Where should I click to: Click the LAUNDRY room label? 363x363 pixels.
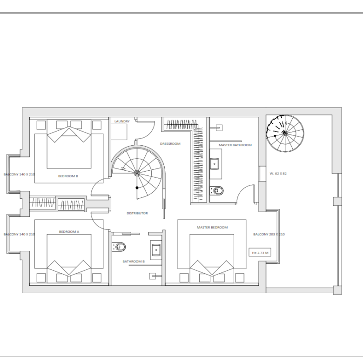122,121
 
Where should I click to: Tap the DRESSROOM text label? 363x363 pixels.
170,144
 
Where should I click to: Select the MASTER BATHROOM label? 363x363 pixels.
235,145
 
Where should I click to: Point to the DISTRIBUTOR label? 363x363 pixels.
137,213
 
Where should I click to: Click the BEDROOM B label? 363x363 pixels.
68,176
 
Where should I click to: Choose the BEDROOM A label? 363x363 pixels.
69,231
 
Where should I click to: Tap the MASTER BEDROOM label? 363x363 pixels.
212,227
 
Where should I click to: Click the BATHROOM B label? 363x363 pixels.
134,262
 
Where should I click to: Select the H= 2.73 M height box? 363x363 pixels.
260,253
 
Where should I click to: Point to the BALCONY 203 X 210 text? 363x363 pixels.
269,234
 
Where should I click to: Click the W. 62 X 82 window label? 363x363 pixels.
278,174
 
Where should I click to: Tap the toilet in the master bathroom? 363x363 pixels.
217,191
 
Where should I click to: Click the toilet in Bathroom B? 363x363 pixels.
119,247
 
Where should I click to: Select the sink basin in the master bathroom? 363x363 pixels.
215,164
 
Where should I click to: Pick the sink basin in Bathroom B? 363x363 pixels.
156,250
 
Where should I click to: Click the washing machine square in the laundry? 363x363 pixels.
119,132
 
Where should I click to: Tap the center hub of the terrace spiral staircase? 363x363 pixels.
285,133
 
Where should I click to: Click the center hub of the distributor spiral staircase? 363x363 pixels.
137,173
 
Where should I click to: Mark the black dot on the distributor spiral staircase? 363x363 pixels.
137,188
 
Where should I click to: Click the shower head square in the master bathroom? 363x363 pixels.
219,128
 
